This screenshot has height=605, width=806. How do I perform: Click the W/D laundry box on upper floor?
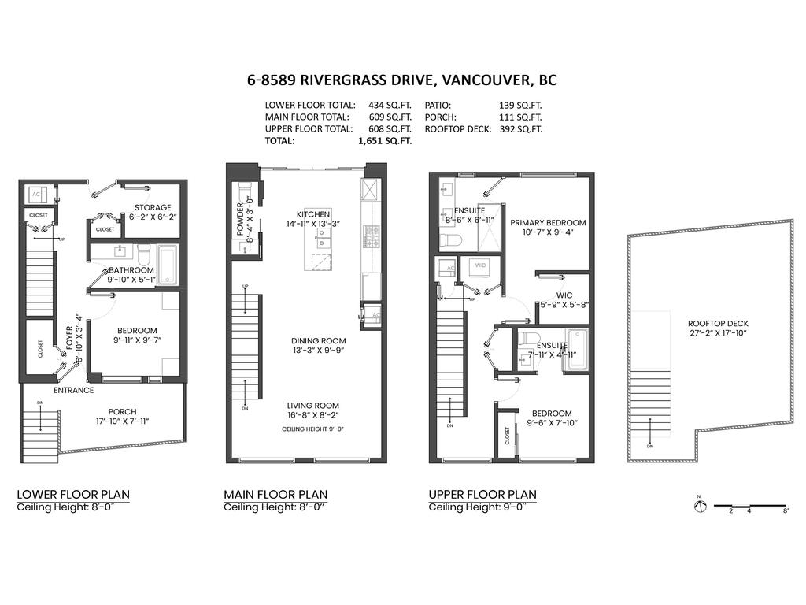tap(480, 266)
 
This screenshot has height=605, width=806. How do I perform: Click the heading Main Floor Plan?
tap(275, 495)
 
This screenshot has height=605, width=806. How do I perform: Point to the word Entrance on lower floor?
tap(73, 390)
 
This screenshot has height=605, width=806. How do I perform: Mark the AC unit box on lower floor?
tap(36, 195)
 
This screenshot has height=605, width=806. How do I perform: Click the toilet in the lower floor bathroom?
tap(143, 254)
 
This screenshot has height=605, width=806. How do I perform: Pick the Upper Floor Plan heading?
tap(482, 495)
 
